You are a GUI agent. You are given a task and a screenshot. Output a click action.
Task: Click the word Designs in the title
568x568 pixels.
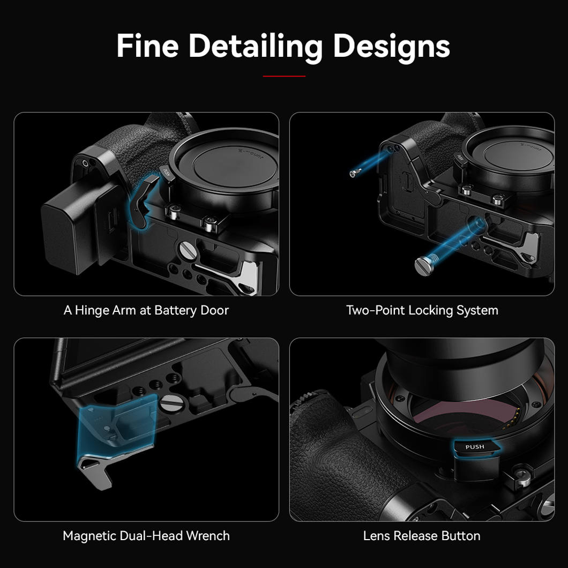tap(391, 47)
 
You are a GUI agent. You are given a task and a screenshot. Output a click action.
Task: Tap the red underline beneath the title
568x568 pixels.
tap(284, 76)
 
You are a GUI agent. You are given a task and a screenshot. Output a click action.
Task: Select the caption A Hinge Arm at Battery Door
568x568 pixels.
tap(146, 310)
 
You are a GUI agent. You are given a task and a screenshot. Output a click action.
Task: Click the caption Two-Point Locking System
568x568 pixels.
tap(422, 310)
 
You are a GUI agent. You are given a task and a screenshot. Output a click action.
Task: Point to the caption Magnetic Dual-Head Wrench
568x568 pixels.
tap(146, 536)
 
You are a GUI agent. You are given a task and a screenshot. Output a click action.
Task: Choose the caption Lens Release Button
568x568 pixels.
tap(422, 536)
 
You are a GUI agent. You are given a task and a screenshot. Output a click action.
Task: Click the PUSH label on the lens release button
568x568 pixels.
tap(474, 447)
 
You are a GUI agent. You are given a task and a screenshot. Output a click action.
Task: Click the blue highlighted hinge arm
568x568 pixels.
tap(144, 201)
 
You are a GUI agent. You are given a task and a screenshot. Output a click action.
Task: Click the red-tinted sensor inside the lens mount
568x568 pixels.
tap(445, 413)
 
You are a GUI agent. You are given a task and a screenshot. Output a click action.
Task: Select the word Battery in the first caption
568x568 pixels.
tap(174, 310)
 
